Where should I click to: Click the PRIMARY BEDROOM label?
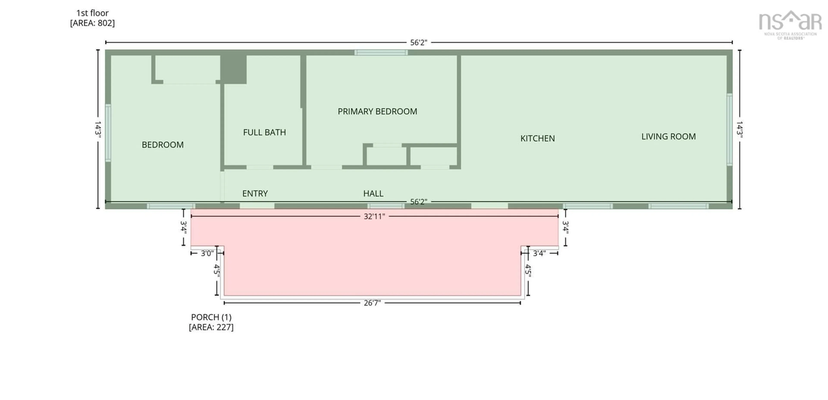pyautogui.click(x=377, y=111)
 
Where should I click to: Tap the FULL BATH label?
pyautogui.click(x=264, y=132)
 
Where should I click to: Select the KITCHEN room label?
pyautogui.click(x=537, y=138)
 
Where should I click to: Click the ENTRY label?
pyautogui.click(x=255, y=193)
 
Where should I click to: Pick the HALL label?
pyautogui.click(x=373, y=193)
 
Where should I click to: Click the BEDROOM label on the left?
pyautogui.click(x=163, y=145)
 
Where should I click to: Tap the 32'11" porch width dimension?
pyautogui.click(x=374, y=216)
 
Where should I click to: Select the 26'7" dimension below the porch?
pyautogui.click(x=372, y=303)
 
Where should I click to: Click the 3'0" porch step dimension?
pyautogui.click(x=207, y=253)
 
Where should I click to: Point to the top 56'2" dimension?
pyautogui.click(x=419, y=42)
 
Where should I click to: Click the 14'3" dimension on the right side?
pyautogui.click(x=740, y=129)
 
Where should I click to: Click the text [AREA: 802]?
pyautogui.click(x=92, y=23)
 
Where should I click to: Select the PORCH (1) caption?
pyautogui.click(x=211, y=317)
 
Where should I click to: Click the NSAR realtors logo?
pyautogui.click(x=790, y=24)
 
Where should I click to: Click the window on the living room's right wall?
pyautogui.click(x=730, y=129)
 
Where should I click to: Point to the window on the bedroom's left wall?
pyautogui.click(x=108, y=133)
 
